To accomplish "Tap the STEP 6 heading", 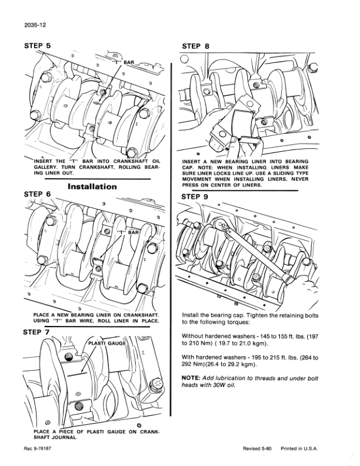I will point(36,193).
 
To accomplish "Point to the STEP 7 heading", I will point(36,332).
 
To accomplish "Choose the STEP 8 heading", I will point(196,45).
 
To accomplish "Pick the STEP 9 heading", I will point(196,197).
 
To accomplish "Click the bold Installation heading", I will point(93,187).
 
